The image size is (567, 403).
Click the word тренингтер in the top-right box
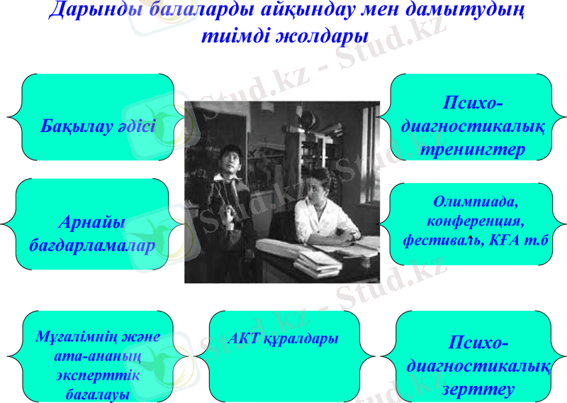pos(472,150)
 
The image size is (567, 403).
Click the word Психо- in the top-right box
pos(473,104)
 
